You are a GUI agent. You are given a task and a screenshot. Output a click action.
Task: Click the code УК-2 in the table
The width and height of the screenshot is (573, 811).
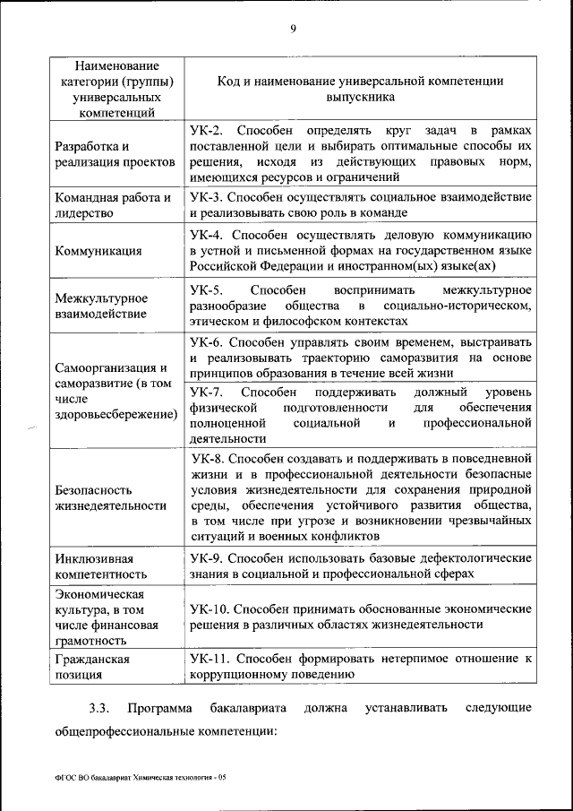207,131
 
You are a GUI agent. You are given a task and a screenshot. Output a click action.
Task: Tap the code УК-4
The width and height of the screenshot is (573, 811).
207,235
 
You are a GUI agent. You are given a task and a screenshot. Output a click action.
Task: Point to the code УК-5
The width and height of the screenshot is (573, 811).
207,290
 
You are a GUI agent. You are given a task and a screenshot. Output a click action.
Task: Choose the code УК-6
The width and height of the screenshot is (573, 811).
207,342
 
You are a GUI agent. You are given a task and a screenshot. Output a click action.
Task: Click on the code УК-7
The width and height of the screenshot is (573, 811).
207,393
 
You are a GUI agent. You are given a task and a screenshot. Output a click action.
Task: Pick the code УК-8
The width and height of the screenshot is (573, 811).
207,458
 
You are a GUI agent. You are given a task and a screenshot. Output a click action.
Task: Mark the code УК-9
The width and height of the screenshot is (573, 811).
207,557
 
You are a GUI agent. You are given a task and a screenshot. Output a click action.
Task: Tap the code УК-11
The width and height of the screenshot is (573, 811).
210,659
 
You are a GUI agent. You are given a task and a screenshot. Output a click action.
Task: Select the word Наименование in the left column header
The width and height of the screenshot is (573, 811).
117,65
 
